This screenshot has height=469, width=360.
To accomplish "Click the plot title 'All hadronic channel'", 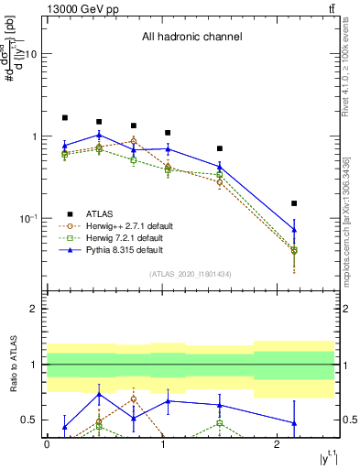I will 191,38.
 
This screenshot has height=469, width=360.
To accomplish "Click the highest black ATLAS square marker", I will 65,118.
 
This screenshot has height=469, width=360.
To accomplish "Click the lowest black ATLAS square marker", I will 294,203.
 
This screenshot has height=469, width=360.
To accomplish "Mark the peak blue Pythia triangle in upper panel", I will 99,135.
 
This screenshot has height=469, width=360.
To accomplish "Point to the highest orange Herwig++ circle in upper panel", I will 134,141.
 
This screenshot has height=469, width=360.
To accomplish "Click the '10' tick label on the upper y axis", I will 29,54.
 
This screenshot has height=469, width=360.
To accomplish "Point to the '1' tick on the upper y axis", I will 34,136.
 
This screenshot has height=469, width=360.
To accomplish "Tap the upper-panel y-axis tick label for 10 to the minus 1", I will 27,219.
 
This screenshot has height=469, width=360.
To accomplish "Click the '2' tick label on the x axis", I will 278,444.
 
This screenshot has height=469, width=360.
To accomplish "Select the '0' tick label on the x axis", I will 47,444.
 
